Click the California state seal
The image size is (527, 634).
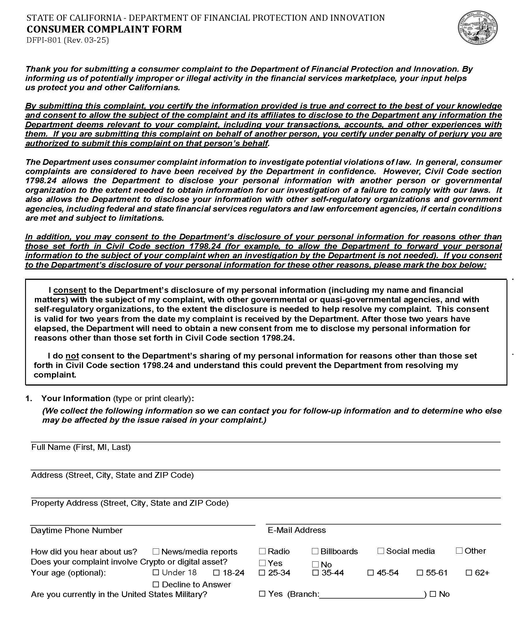pos(477,28)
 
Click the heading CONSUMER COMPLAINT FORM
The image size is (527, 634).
pos(104,29)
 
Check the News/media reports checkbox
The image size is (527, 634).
pos(156,552)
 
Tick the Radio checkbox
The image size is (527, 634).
pos(262,551)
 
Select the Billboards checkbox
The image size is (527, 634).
pos(315,551)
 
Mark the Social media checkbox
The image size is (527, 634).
pos(381,551)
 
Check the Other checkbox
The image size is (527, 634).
pos(459,551)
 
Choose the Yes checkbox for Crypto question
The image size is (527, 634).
pos(262,563)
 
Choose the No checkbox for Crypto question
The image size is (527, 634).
pos(315,564)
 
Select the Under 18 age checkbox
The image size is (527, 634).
pos(156,572)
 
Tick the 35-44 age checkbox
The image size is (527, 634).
pos(315,573)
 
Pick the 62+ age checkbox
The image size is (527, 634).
pos(469,573)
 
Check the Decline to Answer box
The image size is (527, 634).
pos(156,584)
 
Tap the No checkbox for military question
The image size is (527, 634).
pos(433,594)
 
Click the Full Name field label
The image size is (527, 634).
pos(81,447)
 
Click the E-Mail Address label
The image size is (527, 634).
pos(297,531)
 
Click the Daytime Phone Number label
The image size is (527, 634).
pos(77,531)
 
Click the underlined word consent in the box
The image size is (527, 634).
pos(70,290)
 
